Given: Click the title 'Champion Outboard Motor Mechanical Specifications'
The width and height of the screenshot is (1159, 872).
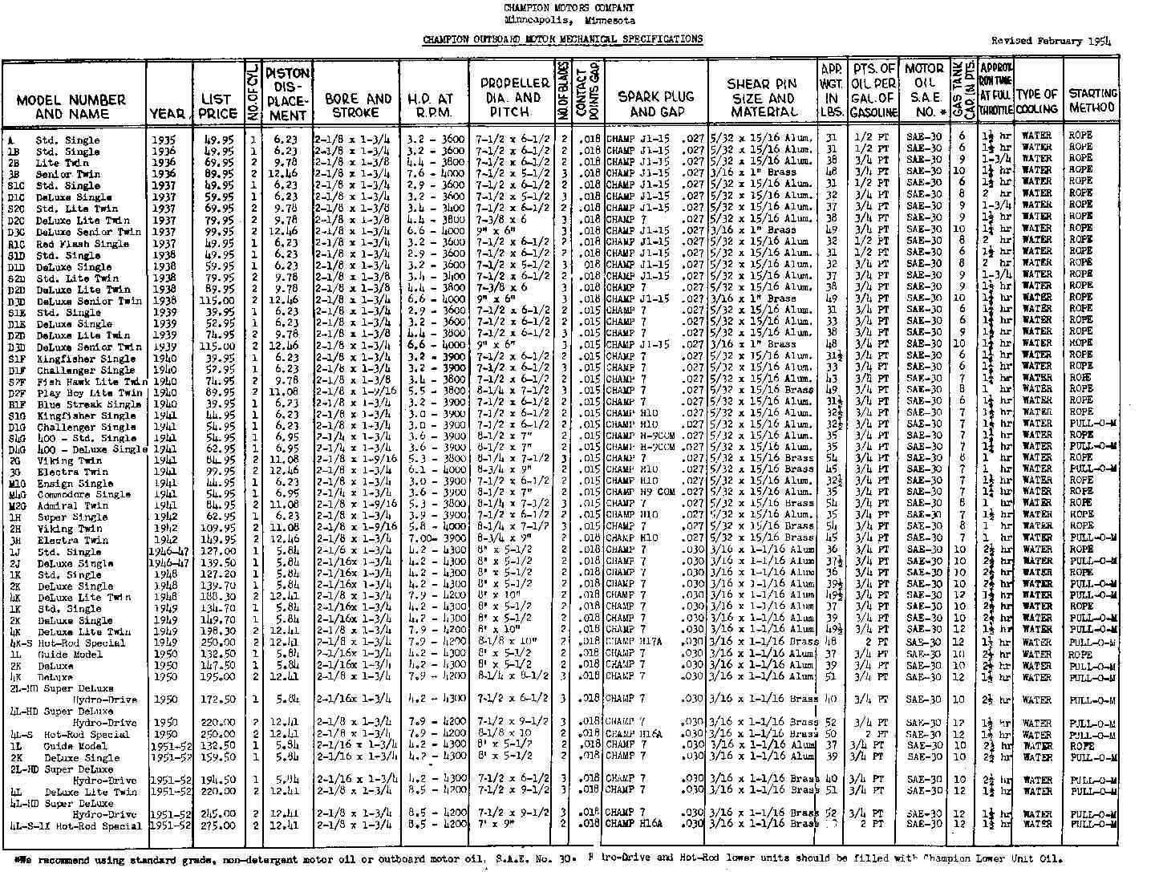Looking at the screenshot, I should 562,39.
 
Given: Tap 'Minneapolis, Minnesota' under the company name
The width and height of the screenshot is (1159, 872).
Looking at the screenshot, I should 569,21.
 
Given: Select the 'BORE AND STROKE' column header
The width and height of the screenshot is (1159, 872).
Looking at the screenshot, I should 358,106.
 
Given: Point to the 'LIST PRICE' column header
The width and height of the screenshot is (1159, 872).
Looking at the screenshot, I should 218,106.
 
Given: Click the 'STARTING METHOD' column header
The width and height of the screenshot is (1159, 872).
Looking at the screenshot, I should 1092,100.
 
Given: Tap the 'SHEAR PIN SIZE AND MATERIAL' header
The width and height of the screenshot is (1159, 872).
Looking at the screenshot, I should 762,98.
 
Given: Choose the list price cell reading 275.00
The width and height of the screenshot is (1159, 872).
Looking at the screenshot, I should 217,825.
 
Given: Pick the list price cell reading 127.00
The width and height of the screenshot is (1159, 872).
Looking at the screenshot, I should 217,552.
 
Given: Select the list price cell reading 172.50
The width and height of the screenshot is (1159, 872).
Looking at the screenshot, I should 217,700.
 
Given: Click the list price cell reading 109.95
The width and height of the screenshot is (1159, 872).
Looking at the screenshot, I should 217,529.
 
